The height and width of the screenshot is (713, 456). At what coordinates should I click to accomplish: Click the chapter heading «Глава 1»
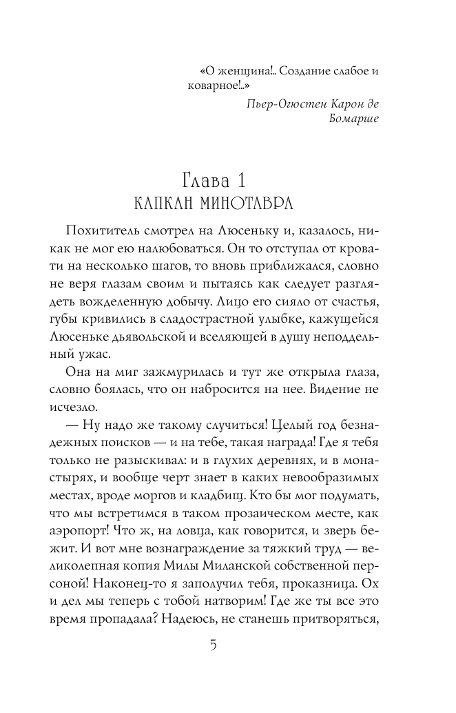(x=214, y=183)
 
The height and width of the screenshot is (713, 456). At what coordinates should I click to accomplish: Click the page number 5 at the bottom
(x=214, y=646)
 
